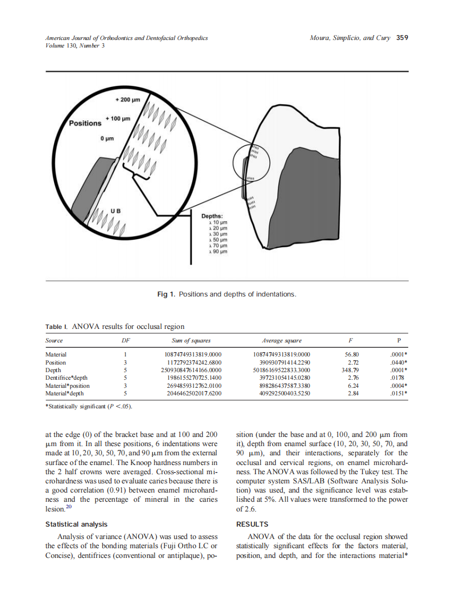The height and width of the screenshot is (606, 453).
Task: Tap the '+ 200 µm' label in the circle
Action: coord(128,100)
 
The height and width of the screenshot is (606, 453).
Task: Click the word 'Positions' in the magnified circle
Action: coord(85,123)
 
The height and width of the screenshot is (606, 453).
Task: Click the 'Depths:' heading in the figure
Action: coord(212,217)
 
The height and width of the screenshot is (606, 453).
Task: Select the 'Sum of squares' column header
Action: coord(190,341)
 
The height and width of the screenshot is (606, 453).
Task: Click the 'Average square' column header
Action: coord(282,341)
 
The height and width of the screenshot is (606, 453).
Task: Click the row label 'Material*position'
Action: coord(68,386)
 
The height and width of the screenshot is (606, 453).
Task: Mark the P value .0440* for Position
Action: coord(398,362)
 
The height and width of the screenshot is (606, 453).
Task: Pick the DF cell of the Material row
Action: coord(125,354)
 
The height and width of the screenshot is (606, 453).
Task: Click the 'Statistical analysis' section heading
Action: coord(76,524)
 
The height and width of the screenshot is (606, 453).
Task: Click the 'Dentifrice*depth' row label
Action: coord(66,378)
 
